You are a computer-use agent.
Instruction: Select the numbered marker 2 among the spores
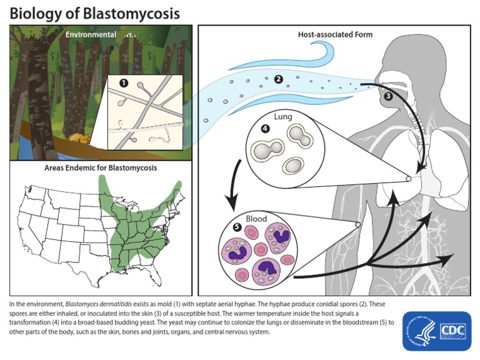point(278,79)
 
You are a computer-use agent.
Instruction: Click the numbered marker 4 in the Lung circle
point(265,129)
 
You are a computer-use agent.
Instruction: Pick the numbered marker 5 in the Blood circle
point(237,226)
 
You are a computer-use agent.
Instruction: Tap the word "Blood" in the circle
point(256,219)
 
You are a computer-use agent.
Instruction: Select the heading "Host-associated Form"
point(335,34)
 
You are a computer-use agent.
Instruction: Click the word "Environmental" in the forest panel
point(91,34)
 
